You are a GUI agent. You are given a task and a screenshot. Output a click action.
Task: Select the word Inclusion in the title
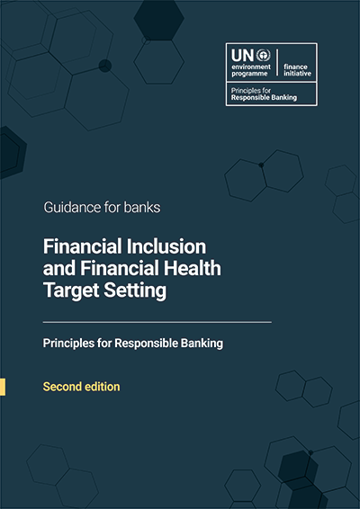tap(166, 246)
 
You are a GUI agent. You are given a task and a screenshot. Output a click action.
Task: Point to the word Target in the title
tap(71, 291)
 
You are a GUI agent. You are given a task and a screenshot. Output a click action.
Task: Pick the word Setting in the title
tap(135, 291)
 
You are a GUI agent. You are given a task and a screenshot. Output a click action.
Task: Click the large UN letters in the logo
tap(242, 56)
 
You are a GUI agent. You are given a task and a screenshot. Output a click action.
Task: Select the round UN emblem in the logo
tap(263, 56)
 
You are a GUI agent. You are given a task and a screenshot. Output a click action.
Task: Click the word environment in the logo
tap(251, 67)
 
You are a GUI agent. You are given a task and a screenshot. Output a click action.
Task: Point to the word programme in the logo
tap(249, 74)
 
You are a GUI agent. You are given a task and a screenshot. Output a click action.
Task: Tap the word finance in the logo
tap(295, 67)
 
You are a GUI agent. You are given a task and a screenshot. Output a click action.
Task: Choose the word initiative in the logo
tap(297, 74)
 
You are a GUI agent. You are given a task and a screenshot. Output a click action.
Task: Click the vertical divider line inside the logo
tap(277, 63)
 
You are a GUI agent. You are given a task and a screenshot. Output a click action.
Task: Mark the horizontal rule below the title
tap(157, 322)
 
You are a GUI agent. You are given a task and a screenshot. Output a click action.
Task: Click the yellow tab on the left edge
tap(3, 387)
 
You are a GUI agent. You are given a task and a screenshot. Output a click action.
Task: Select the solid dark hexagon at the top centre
tap(159, 20)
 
